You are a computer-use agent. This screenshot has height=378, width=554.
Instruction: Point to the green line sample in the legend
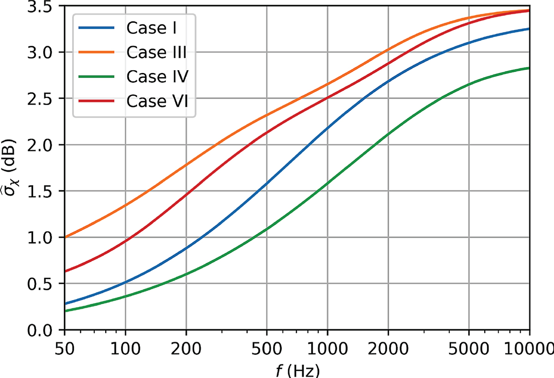coord(99,77)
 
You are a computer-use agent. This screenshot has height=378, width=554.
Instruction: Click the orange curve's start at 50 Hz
coord(65,237)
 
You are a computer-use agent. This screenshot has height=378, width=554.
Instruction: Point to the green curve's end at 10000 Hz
coord(529,68)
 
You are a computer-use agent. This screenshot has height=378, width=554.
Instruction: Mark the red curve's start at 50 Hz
coord(65,271)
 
